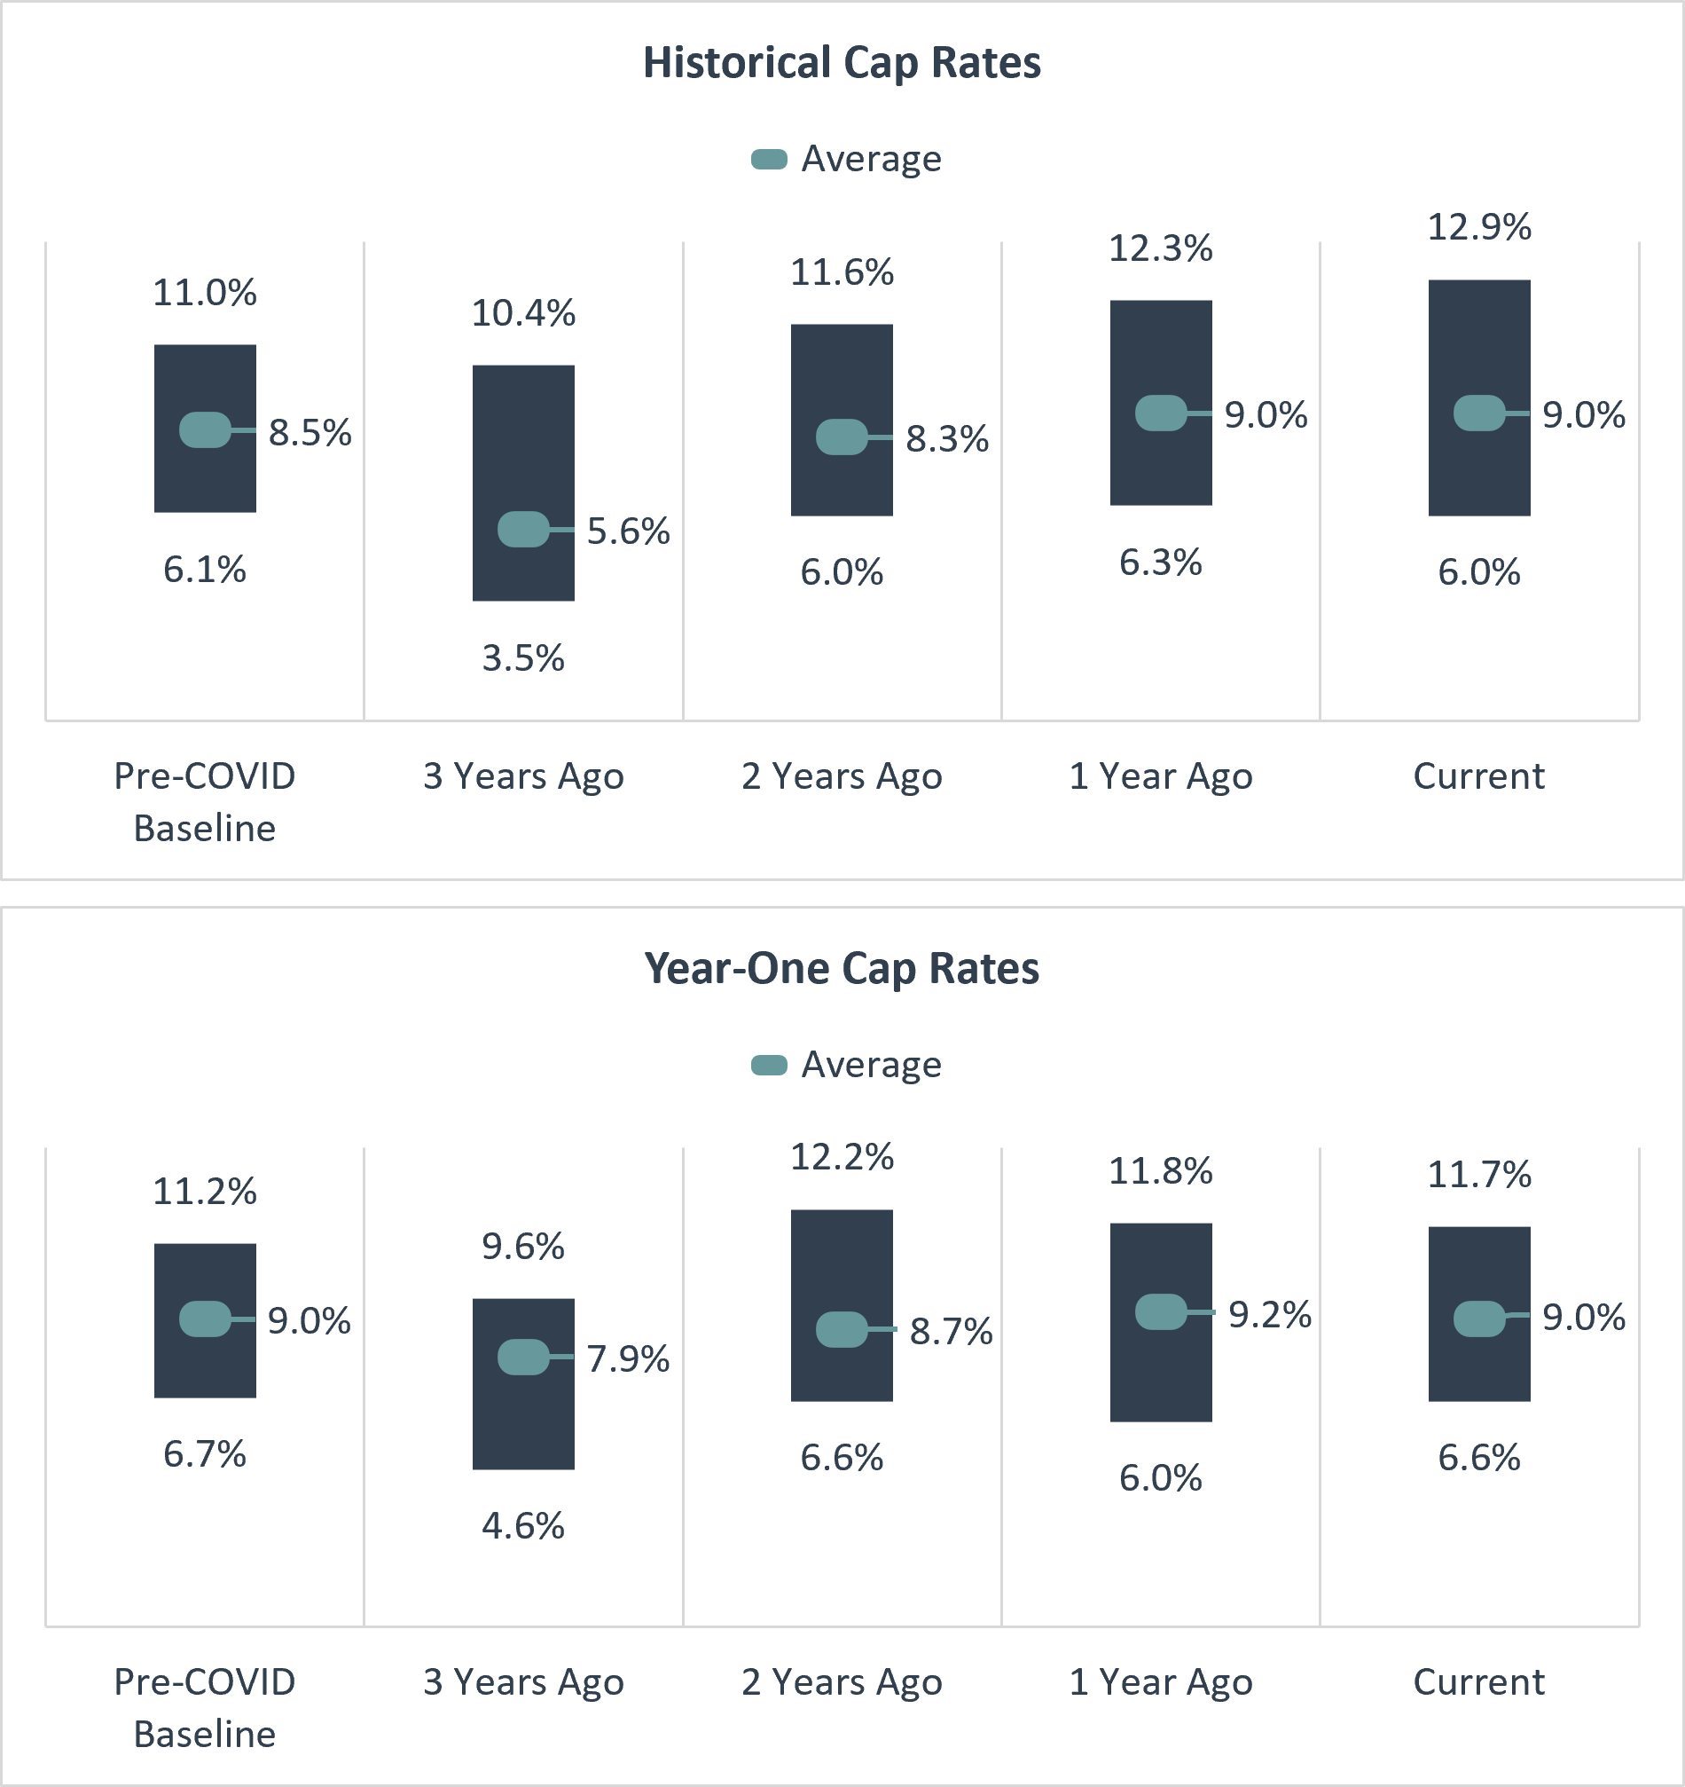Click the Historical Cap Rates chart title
[x=841, y=63]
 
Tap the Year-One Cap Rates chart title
[x=841, y=969]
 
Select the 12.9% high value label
[x=1478, y=227]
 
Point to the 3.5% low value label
[x=523, y=659]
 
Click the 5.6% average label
[x=628, y=531]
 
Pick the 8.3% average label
[x=946, y=439]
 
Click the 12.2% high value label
[x=841, y=1157]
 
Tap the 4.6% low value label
[x=523, y=1526]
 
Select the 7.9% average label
[x=628, y=1359]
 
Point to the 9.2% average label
[x=1269, y=1315]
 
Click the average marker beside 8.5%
[x=205, y=429]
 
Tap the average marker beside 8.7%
[x=841, y=1329]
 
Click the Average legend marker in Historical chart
[x=769, y=160]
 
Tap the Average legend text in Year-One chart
[x=871, y=1065]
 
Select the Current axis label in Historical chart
[x=1478, y=776]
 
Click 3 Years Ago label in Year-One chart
[x=523, y=1682]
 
